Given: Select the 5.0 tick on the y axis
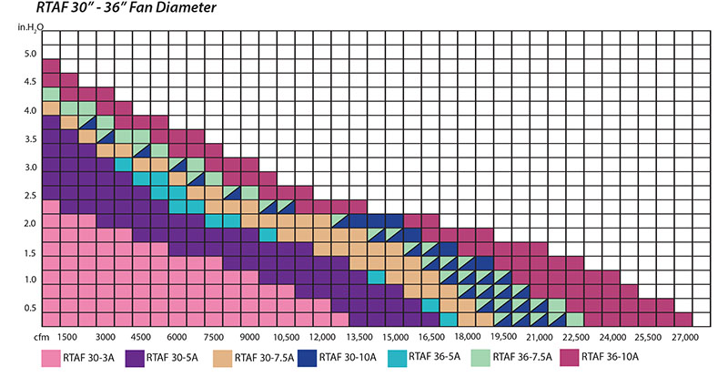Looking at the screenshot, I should [x=30, y=55].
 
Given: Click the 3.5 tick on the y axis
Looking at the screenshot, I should [x=30, y=139].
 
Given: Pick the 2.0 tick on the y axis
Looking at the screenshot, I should [x=30, y=224].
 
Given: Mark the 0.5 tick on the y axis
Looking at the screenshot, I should [x=30, y=309].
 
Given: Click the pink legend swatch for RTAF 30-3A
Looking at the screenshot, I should [x=51, y=356].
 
